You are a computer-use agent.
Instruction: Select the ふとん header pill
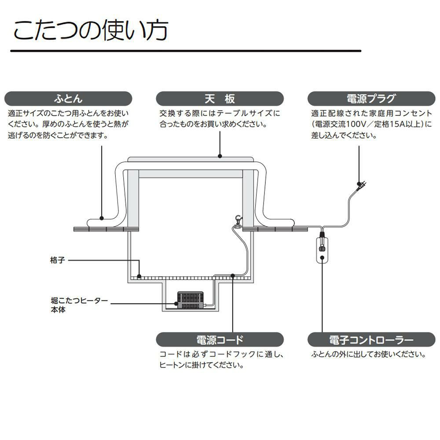pos(68,98)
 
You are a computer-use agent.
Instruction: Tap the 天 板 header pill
pos(220,98)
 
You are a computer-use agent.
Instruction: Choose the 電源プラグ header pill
pos(371,98)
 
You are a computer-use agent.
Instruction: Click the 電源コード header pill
pos(220,340)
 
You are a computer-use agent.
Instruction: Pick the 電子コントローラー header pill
pos(371,340)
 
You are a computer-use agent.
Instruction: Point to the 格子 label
pos(58,260)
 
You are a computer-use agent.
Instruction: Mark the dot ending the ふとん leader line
pos(102,217)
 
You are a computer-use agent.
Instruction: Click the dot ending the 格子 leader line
pos(139,276)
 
